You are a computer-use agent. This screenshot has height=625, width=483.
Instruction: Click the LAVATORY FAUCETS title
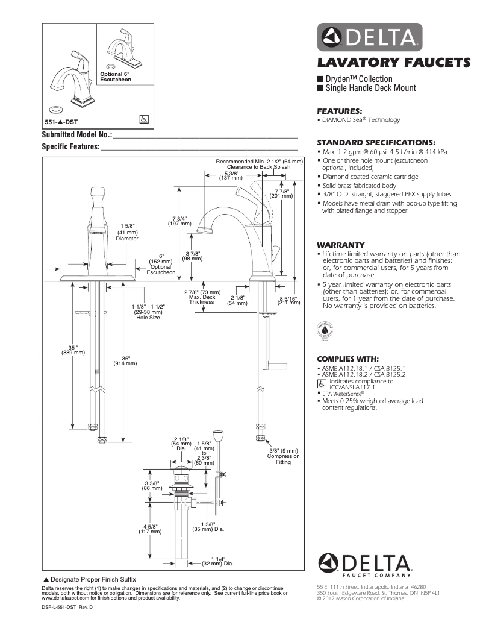click(394, 62)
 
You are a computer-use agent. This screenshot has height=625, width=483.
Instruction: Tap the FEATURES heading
click(339, 111)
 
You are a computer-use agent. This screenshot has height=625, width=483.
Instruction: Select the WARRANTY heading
click(340, 245)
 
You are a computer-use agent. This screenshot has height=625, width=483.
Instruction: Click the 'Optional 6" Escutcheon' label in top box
click(115, 77)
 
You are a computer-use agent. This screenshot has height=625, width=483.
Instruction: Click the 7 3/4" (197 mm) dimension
click(179, 220)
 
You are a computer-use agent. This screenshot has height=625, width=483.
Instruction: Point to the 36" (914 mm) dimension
click(125, 359)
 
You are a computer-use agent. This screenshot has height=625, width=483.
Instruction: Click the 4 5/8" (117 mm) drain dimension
click(150, 529)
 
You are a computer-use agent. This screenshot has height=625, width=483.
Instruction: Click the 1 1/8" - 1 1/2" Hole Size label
click(148, 312)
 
